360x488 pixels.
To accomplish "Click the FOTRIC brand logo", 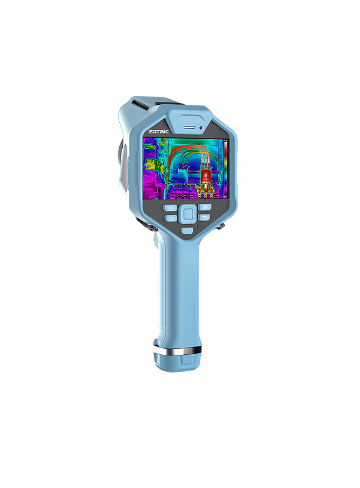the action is point(158,132).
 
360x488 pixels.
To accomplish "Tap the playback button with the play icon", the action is point(205,207).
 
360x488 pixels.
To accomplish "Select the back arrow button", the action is point(204,217).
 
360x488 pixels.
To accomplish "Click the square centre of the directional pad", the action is point(188,214).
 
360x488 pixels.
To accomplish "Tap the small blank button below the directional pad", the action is point(187,231).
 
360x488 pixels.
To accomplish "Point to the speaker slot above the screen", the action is point(189,127).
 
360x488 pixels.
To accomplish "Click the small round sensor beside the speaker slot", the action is point(201,127).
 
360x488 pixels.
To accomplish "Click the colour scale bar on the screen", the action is point(225,169).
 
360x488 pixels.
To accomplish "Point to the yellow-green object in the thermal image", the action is point(154,164).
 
